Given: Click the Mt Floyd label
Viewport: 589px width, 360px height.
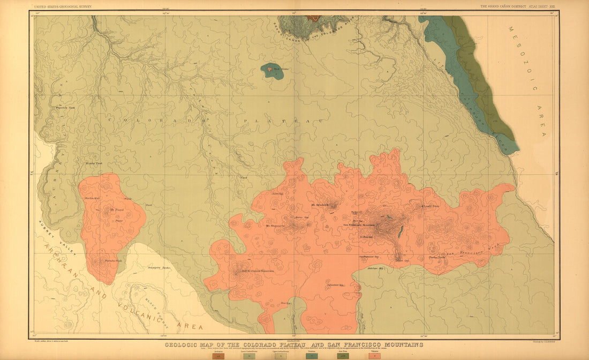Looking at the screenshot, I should pyautogui.click(x=116, y=209).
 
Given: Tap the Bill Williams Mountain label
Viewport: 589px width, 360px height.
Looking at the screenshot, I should pyautogui.click(x=258, y=271).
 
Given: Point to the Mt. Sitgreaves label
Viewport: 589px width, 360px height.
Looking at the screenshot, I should pyautogui.click(x=276, y=226).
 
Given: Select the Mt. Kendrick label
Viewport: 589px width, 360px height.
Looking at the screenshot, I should pyautogui.click(x=320, y=205).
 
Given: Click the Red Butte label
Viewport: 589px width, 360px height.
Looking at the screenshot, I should pyautogui.click(x=274, y=69).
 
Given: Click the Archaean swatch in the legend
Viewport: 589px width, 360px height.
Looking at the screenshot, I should pyautogui.click(x=218, y=355).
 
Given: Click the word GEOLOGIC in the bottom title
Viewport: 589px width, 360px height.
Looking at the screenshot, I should pyautogui.click(x=185, y=345).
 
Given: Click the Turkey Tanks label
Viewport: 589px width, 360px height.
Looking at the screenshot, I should pyautogui.click(x=437, y=258).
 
